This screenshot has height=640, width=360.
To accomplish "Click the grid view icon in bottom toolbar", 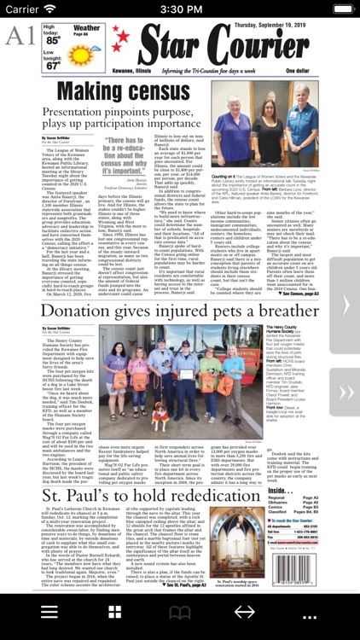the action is [114, 613].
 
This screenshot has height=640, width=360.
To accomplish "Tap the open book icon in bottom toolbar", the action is [179, 613].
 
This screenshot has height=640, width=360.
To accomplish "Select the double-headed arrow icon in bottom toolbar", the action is [244, 613].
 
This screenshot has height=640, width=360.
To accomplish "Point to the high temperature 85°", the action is [54, 40].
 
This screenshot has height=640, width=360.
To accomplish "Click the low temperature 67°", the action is [54, 65].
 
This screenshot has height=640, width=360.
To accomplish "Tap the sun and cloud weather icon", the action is [86, 52].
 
